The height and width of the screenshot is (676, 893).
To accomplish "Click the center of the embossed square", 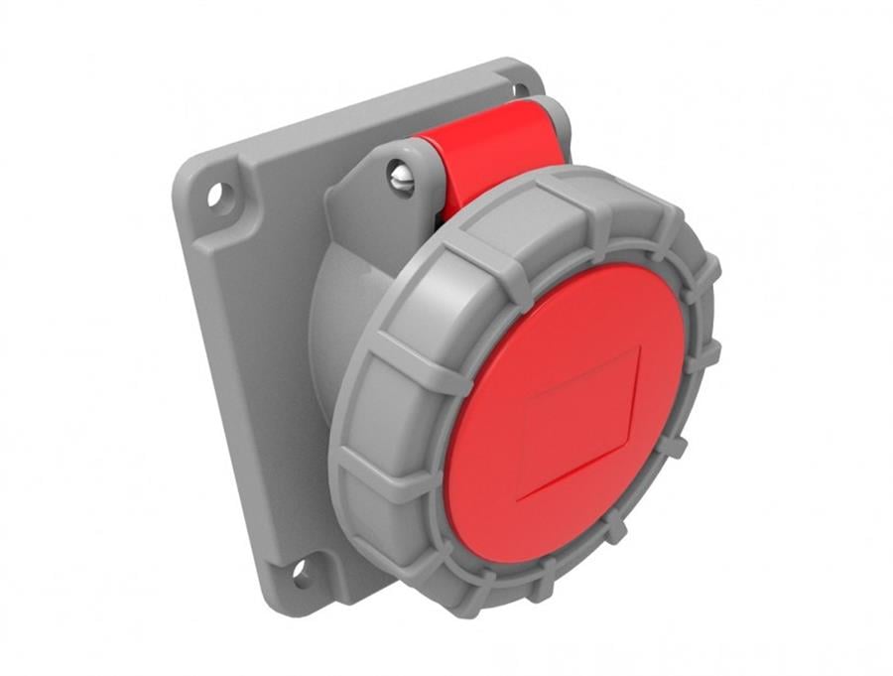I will [578, 421].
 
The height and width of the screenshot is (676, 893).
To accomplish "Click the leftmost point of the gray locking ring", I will [329, 437].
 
